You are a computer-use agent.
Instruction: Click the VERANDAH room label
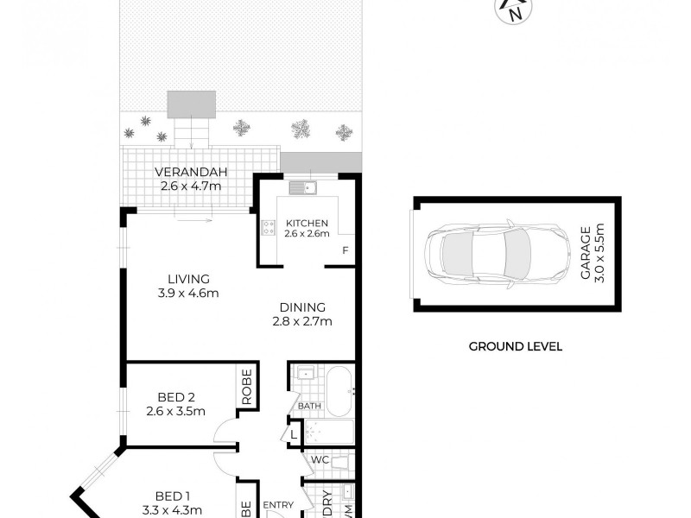pos(190,171)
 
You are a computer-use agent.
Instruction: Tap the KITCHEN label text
pos(307,222)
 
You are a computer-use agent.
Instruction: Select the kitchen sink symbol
pos(303,187)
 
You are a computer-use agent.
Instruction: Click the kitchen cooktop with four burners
pos(268,229)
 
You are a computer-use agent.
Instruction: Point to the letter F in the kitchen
pos(345,251)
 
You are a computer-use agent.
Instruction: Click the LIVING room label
pos(188,279)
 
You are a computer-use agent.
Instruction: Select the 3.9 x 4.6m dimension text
pos(188,294)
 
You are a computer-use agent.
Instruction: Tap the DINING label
pos(301,306)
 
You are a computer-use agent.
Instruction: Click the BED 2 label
pos(175,397)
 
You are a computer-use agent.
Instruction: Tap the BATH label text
pos(309,406)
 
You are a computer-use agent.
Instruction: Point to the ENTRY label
pos(279,505)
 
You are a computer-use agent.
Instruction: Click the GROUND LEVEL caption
pos(515,346)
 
